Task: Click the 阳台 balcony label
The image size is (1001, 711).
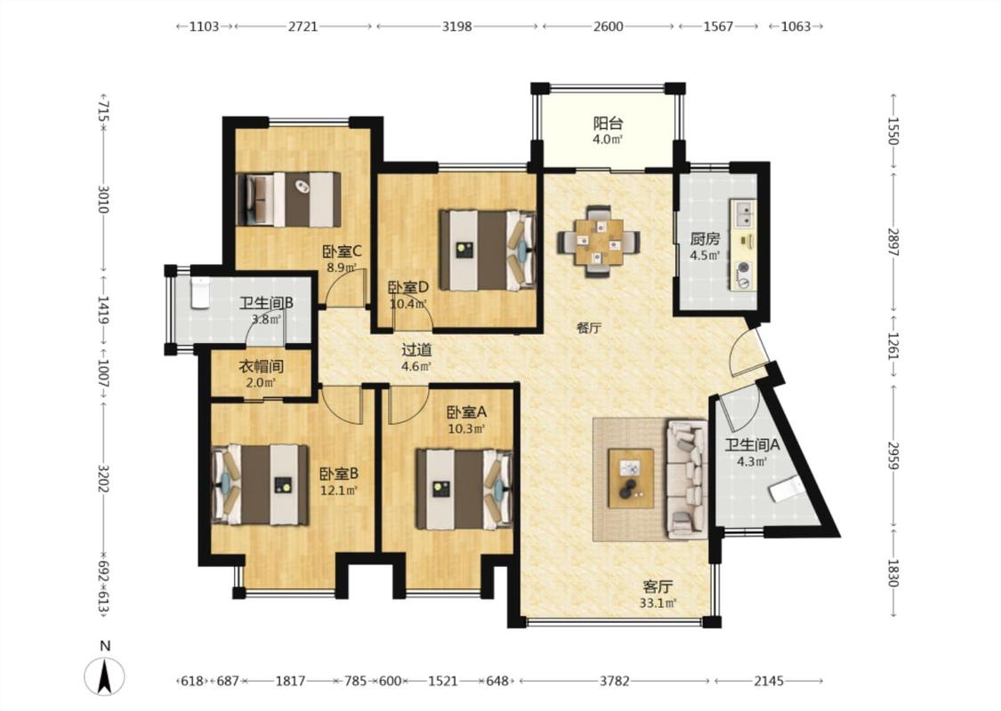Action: (x=608, y=123)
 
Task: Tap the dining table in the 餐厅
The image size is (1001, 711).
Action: (x=599, y=242)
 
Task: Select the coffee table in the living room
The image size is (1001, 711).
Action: (x=631, y=478)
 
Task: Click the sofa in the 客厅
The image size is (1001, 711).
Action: (x=687, y=479)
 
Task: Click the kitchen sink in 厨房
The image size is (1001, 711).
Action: (x=743, y=213)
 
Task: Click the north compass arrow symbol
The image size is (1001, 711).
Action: (x=105, y=676)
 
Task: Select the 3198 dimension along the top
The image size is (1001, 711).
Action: (x=457, y=27)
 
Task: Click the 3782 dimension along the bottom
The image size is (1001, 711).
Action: (x=614, y=681)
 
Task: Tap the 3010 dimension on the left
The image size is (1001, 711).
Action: (x=104, y=200)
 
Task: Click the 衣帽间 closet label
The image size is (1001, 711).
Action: (x=261, y=367)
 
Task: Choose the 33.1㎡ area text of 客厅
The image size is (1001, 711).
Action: (x=658, y=603)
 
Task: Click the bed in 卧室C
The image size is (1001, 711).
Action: (x=288, y=199)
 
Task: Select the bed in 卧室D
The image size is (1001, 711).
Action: (x=487, y=251)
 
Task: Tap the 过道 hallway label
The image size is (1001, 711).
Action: (x=416, y=350)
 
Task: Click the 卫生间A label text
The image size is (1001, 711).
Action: (x=752, y=445)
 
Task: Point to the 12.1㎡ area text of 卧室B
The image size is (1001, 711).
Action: (x=338, y=491)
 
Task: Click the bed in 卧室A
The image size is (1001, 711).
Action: (x=464, y=490)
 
